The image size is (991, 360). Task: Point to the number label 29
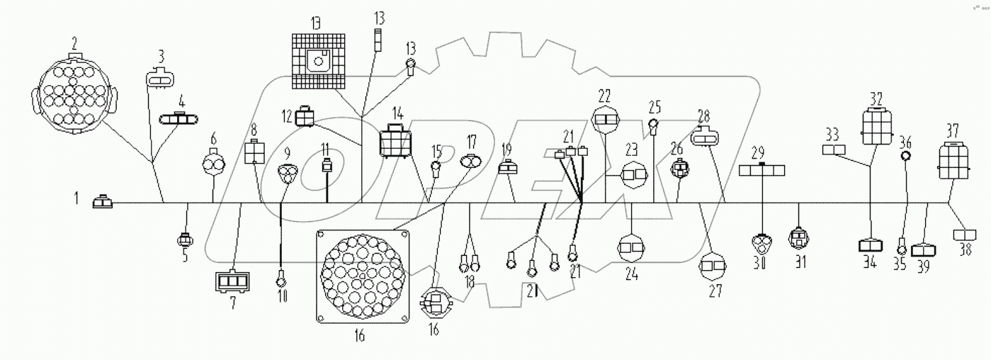pyautogui.click(x=758, y=152)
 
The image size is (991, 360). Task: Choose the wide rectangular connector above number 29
pyautogui.click(x=761, y=170)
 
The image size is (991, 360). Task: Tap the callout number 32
pyautogui.click(x=876, y=98)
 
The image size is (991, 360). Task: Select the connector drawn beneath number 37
pyautogui.click(x=951, y=159)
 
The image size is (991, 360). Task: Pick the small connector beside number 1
pyautogui.click(x=103, y=203)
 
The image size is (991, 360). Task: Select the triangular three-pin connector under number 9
pyautogui.click(x=286, y=172)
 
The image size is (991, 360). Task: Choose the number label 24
pyautogui.click(x=631, y=275)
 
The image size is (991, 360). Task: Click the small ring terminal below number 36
pyautogui.click(x=905, y=157)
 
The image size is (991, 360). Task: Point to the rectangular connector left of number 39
pyautogui.click(x=925, y=250)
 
